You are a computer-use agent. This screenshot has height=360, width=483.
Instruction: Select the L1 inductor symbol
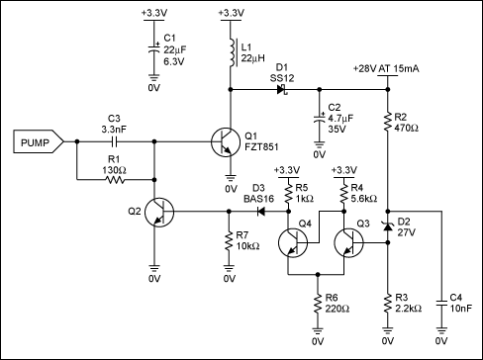point(231,50)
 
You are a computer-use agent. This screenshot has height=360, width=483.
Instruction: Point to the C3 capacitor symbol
point(113,142)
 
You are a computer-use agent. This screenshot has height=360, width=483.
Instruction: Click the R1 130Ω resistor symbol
point(113,180)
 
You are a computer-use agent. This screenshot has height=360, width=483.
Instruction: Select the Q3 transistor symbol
point(350,242)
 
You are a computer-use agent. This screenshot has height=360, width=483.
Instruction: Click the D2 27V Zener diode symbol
point(386,228)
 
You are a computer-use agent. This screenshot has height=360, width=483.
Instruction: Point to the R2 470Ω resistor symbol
point(386,122)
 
